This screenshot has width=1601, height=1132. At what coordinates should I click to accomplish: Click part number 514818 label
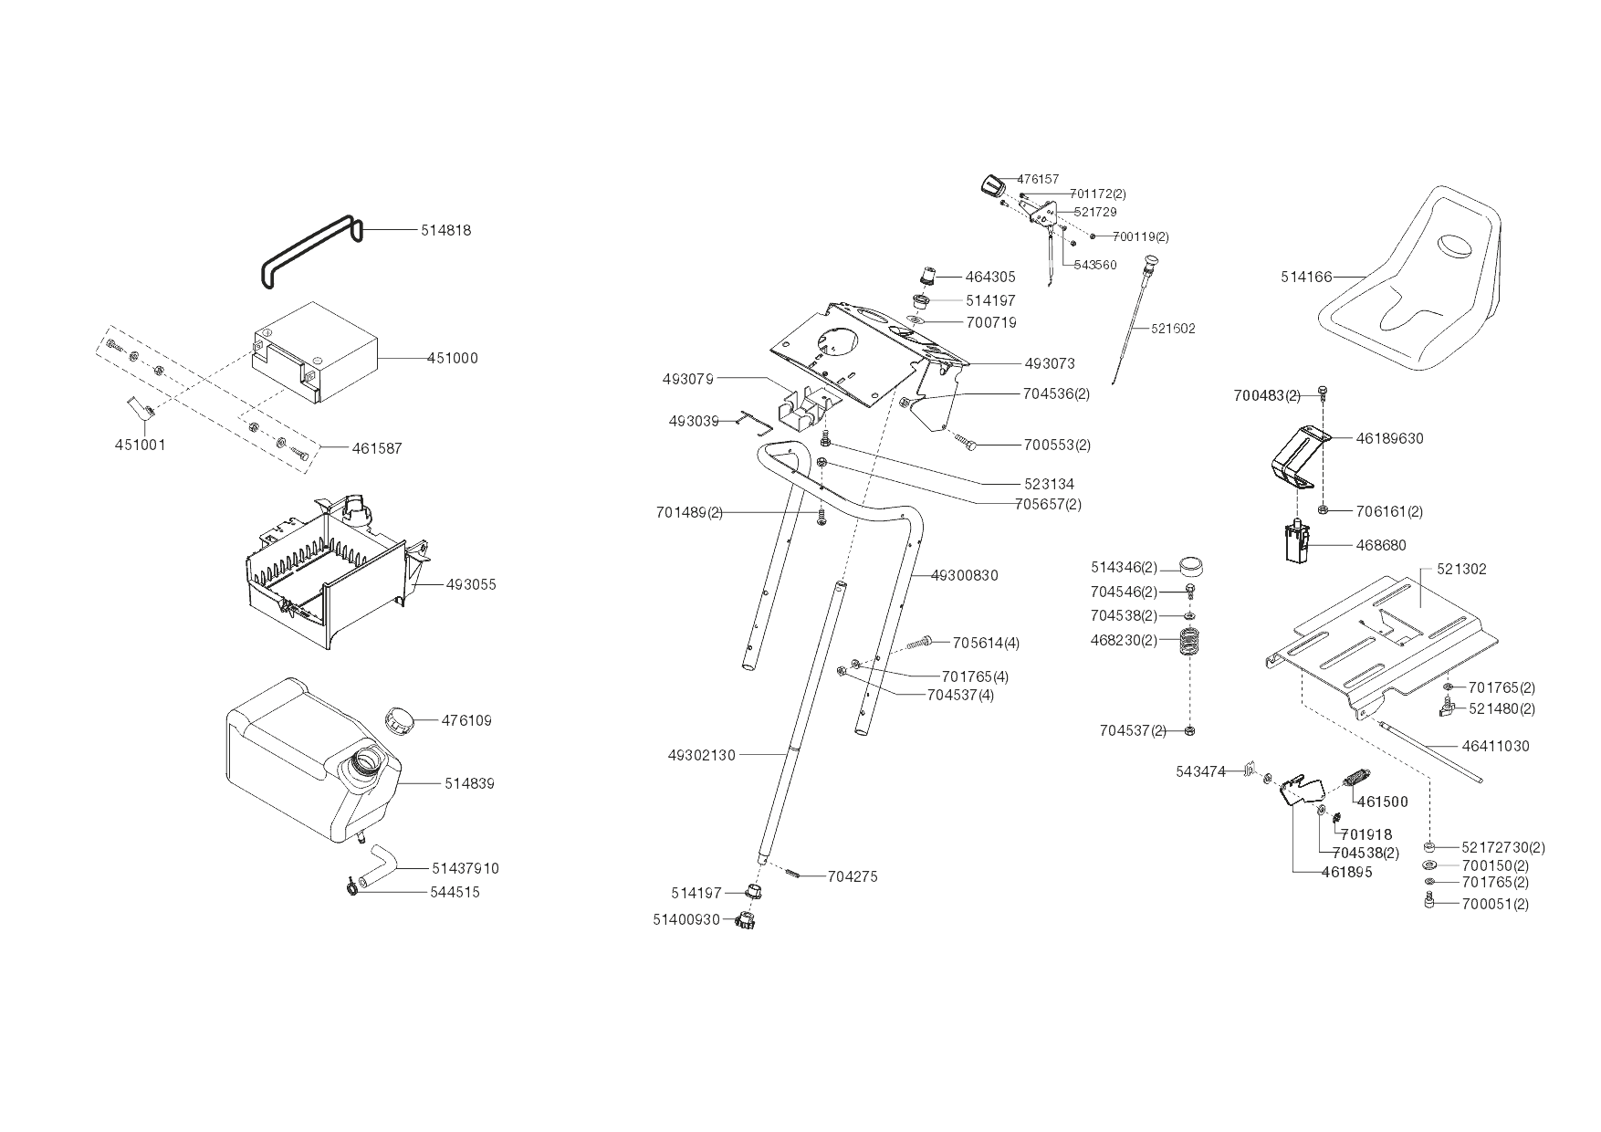coord(445,231)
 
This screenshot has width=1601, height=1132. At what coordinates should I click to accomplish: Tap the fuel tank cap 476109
coord(399,719)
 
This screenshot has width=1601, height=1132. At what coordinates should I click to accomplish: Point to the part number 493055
coord(471,584)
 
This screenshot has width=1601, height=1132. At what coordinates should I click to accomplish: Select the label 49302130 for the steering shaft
coord(701,755)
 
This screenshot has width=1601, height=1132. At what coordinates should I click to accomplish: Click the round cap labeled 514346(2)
coord(1190,567)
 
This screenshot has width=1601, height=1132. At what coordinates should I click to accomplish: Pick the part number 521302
coord(1461,569)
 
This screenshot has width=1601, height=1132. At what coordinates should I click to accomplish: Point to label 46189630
coord(1389,438)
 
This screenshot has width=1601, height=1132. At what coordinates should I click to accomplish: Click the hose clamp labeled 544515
coord(352,887)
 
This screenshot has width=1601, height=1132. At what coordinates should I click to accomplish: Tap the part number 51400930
coord(685,919)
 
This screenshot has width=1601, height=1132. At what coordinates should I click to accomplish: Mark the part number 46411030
coord(1495,746)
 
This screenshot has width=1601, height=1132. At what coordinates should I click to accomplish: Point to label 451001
coord(140,445)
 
